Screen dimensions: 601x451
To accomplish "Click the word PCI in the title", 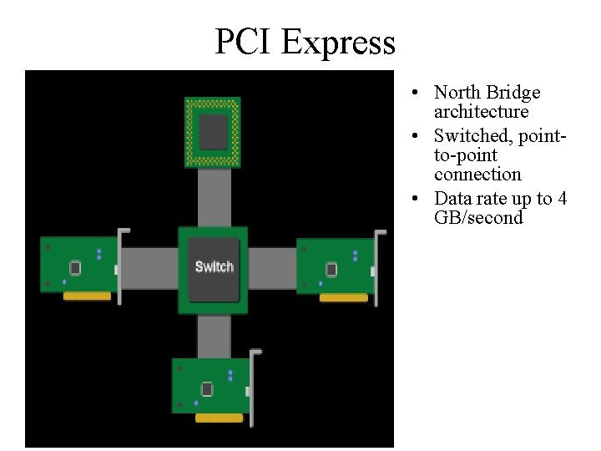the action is [x=243, y=42].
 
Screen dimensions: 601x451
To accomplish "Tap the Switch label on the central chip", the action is [x=214, y=266].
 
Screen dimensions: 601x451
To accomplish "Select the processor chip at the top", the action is [x=213, y=132].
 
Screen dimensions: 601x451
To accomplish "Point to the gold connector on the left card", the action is [x=87, y=296].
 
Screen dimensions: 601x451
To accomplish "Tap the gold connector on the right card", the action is [x=343, y=297].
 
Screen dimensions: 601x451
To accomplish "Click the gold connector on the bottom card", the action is [x=219, y=418].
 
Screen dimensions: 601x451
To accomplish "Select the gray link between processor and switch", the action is [x=214, y=196].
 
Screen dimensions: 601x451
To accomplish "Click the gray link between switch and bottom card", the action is [x=214, y=336].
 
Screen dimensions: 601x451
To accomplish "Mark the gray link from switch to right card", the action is [x=272, y=268].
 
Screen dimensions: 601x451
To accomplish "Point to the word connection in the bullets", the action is [x=477, y=175].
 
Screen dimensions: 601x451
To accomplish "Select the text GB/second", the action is [x=478, y=218].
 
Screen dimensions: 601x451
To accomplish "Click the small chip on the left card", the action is [x=75, y=267].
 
